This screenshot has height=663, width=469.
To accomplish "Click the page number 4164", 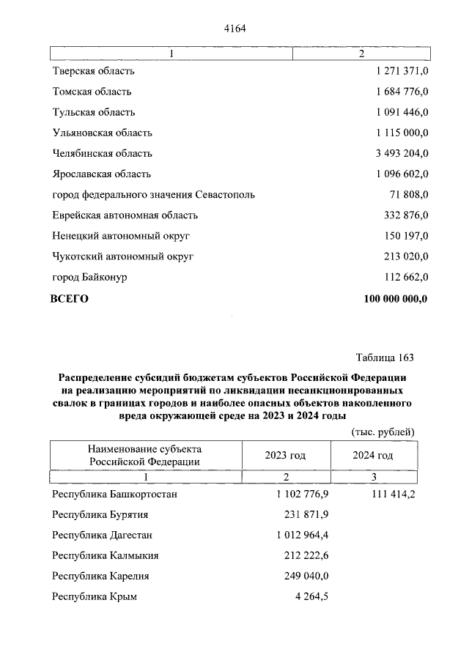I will pos(234,29).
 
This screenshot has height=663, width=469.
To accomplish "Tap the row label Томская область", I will pos(92,92).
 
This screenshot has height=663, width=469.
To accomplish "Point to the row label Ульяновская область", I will pos(102,133).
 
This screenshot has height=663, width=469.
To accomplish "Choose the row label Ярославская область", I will pos(101,174).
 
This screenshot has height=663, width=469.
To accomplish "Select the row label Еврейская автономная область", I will pos(125,215).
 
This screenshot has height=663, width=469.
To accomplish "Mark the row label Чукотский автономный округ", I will pos(122,256).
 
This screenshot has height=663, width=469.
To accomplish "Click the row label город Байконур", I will pos(89,277).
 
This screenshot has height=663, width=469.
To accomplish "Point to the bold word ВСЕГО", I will pos(69,298).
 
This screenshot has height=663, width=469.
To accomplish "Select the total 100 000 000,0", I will pos(396,298).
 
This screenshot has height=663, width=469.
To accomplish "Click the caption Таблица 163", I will pos(385,358).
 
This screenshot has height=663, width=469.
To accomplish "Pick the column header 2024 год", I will pos(373,455).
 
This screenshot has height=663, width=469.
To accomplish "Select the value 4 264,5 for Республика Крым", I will pos(311,596).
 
